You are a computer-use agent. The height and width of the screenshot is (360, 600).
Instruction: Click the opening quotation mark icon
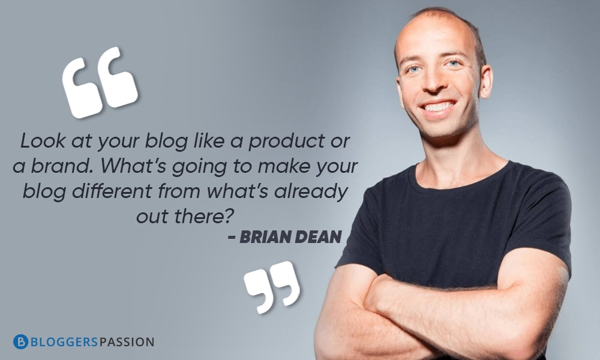tap(100, 82)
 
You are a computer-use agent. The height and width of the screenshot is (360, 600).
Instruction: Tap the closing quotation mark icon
tap(272, 287)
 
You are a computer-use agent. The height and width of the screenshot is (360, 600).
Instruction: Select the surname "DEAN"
tap(320, 236)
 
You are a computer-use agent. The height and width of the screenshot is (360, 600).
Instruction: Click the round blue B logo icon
tap(20, 342)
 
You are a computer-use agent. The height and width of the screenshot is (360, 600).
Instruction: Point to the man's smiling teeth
tap(439, 107)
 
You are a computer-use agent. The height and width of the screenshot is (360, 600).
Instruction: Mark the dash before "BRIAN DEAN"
tap(232, 238)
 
